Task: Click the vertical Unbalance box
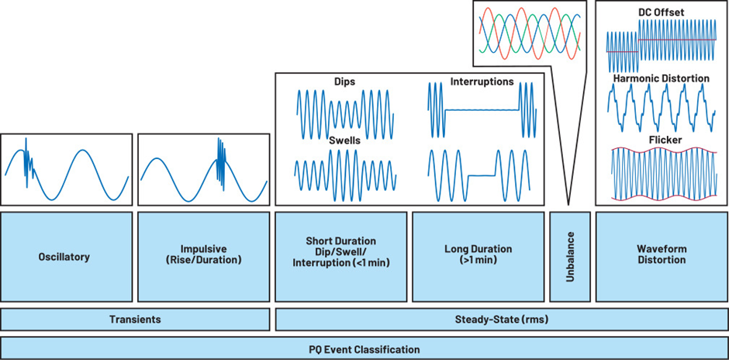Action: pos(568,255)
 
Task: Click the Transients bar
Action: pos(135,319)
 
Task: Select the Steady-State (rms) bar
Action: pos(501,319)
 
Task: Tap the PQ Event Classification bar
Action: pos(364,348)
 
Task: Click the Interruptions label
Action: pos(481,81)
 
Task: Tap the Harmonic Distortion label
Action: pos(662,78)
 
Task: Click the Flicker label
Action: pos(662,140)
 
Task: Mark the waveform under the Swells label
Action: pos(344,171)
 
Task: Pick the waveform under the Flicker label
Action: pos(662,174)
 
